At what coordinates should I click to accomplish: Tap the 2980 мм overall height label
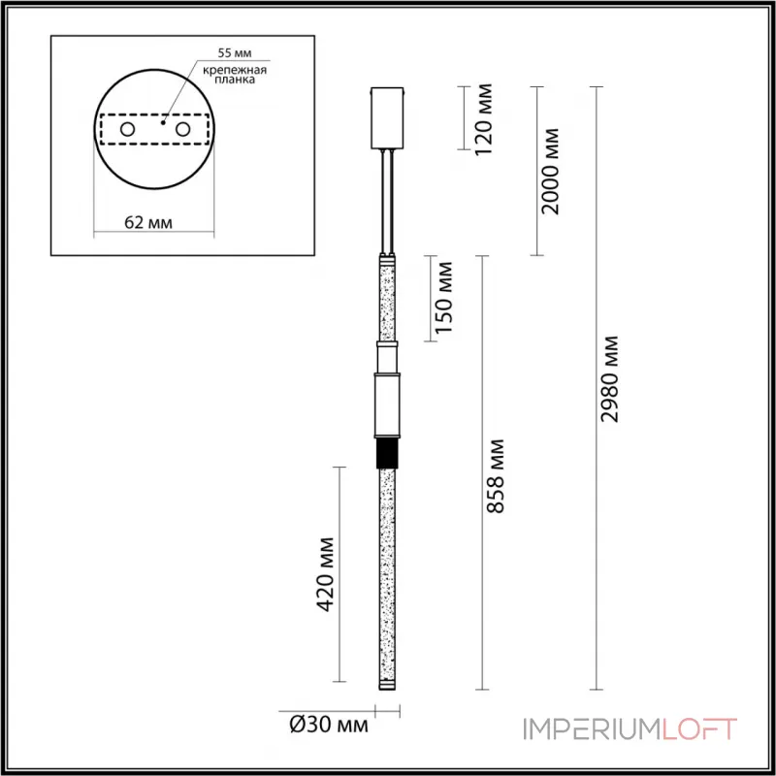click(610, 379)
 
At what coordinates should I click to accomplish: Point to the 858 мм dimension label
click(496, 475)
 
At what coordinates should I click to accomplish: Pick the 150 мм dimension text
click(444, 298)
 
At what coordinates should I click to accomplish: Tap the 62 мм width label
click(149, 222)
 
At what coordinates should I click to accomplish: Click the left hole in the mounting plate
click(125, 129)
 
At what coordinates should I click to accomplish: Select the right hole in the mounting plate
click(181, 129)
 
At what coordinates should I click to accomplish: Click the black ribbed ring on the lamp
click(388, 454)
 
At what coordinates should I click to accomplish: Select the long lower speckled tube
click(388, 572)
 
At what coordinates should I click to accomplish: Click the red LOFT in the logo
click(699, 729)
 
